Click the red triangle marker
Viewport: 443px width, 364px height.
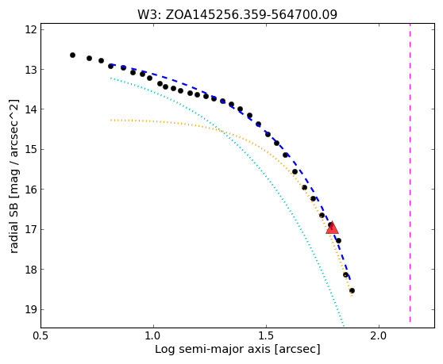332,228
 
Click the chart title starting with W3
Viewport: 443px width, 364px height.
237,14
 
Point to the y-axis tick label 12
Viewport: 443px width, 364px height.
31,29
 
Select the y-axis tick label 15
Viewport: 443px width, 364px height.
31,149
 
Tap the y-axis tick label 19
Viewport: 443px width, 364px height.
31,309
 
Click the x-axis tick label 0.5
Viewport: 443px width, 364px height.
40,335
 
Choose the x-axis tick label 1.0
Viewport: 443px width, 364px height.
153,335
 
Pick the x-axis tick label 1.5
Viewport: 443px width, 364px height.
266,335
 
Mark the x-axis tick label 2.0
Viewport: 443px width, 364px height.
379,335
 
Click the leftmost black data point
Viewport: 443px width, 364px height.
72,55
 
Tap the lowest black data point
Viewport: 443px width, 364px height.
352,290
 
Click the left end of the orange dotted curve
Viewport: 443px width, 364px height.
111,121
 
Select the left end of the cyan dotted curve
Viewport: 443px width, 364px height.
111,79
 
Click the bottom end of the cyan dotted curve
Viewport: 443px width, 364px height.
344,327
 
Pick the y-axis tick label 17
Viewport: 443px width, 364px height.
31,229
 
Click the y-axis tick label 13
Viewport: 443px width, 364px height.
31,70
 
